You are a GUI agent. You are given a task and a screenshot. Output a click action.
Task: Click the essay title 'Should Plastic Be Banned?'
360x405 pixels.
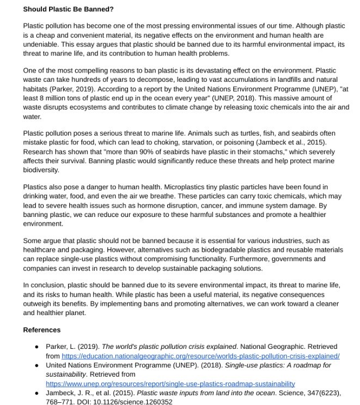pos(68,9)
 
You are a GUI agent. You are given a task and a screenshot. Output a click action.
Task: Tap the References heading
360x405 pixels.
pos(41,330)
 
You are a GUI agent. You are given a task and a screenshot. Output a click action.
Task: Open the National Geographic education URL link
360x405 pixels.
pos(200,356)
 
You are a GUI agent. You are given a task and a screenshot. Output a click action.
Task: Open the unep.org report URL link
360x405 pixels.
pos(170,384)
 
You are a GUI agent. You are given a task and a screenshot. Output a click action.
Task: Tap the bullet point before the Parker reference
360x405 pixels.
pos(36,347)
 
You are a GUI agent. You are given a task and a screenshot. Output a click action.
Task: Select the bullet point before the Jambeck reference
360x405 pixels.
pos(36,393)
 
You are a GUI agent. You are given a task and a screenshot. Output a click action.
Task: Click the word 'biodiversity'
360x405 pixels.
pos(44,170)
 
